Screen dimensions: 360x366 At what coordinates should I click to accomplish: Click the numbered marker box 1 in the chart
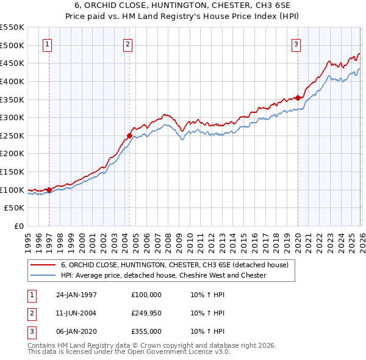pos(48,44)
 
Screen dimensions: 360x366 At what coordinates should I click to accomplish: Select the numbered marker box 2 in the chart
pos(127,44)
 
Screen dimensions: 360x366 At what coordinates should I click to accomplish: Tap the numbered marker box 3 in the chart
pos(296,44)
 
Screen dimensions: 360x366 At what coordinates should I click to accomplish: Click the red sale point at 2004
pos(129,135)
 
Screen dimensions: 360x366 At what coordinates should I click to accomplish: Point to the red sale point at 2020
pos(298,98)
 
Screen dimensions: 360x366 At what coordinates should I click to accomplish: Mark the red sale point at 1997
pos(49,190)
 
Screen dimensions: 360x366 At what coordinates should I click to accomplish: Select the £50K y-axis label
pos(14,208)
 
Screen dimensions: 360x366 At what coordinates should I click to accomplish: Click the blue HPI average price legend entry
pos(163,275)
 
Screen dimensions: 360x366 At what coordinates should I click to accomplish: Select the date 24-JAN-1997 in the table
pos(76,294)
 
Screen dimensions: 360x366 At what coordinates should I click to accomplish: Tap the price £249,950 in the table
pos(146,313)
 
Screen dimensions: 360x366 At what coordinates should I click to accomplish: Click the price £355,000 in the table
pos(146,332)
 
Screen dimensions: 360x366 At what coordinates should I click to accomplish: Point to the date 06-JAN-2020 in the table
pos(76,332)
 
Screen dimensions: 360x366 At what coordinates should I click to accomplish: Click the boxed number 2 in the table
pos(30,313)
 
